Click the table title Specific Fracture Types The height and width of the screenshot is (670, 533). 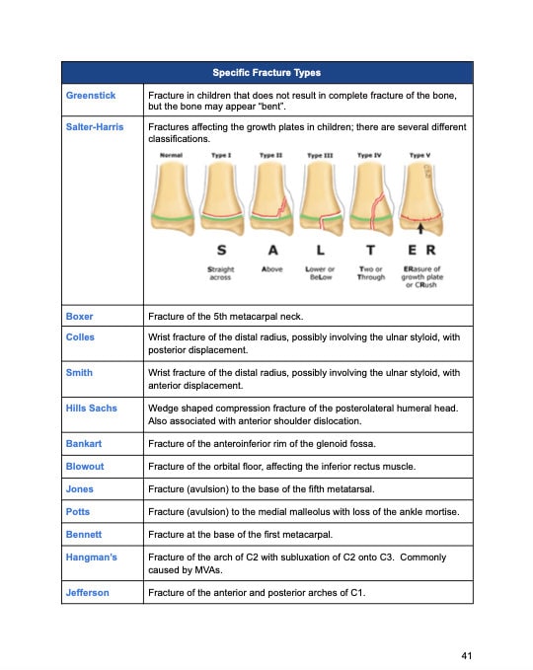266,73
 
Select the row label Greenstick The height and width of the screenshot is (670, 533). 91,95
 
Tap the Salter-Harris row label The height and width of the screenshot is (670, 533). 95,127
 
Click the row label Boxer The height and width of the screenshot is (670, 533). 79,317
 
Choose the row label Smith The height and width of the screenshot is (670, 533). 79,373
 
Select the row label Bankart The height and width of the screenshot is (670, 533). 84,444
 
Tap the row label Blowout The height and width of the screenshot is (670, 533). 85,466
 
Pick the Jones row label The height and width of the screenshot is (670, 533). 80,488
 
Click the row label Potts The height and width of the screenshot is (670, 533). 79,511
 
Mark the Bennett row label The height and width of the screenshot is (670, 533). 84,534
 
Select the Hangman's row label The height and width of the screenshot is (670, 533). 91,558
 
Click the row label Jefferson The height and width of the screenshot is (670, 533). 88,592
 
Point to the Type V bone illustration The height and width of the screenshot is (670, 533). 419,197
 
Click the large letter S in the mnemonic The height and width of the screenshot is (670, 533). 220,251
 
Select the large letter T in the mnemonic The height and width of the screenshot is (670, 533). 370,251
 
